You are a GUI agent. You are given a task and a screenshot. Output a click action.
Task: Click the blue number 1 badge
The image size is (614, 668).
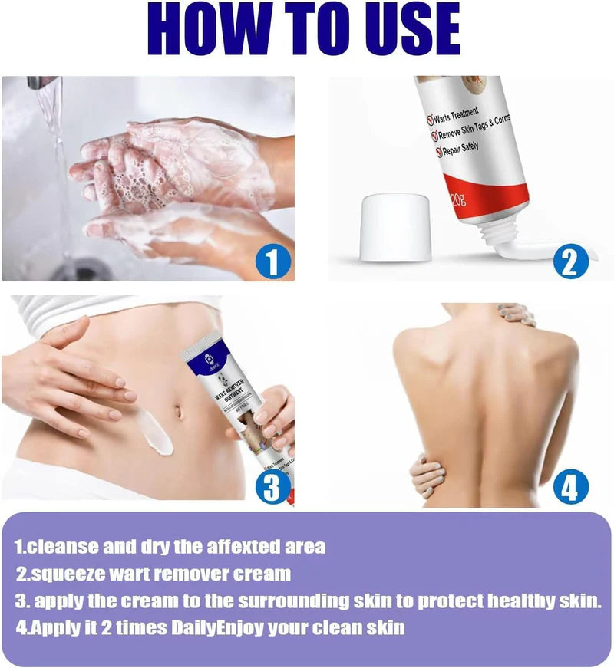tap(274, 262)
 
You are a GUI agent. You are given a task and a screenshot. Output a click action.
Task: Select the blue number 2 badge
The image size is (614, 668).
tap(570, 261)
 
